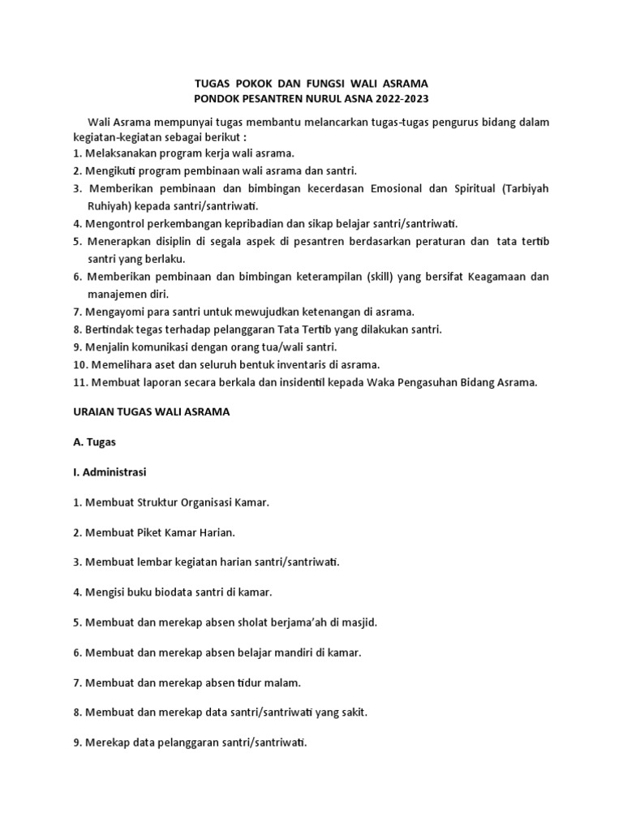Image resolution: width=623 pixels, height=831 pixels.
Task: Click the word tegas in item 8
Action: tap(151, 329)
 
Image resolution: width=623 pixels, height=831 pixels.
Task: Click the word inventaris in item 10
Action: tap(302, 364)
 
